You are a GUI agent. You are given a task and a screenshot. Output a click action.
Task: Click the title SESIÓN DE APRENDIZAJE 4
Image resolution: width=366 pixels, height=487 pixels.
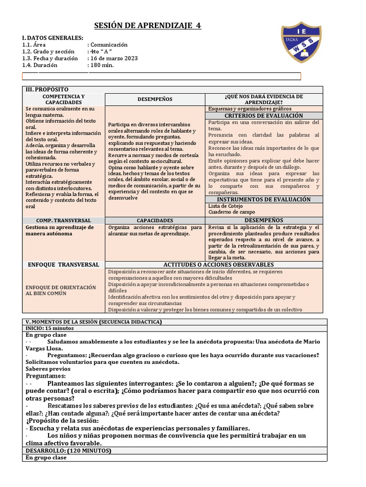click(x=148, y=25)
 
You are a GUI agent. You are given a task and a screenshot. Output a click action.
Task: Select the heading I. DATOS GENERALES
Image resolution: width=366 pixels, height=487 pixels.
click(x=52, y=38)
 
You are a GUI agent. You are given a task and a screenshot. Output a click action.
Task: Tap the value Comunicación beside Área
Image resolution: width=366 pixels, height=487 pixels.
click(x=108, y=45)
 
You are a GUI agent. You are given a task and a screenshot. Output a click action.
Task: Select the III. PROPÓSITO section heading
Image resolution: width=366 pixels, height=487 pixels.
click(x=46, y=89)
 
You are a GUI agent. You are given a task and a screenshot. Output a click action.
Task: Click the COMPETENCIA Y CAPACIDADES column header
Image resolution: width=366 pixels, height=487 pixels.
click(x=63, y=99)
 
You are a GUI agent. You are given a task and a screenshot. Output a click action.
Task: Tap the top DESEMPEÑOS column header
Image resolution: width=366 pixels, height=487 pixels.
click(x=154, y=99)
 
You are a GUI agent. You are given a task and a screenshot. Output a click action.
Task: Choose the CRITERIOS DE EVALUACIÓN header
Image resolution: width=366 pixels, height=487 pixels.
click(x=264, y=116)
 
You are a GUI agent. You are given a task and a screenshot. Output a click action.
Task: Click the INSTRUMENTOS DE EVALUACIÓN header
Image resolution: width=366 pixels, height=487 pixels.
click(x=264, y=199)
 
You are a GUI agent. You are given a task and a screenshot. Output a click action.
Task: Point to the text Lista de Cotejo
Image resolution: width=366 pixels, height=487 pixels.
click(x=225, y=206)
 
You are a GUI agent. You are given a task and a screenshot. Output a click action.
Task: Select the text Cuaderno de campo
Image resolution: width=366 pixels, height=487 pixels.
click(x=232, y=212)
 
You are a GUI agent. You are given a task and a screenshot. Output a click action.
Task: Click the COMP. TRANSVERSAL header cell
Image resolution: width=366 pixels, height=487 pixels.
click(x=63, y=221)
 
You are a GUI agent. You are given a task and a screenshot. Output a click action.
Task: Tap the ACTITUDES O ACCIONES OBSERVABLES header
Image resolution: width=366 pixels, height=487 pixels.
click(x=218, y=264)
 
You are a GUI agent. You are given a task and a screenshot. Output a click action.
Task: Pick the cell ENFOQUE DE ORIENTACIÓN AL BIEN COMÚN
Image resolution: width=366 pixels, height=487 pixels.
click(x=61, y=290)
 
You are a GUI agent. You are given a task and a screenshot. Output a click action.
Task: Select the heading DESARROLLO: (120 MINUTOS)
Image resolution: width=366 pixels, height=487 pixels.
click(x=68, y=450)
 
